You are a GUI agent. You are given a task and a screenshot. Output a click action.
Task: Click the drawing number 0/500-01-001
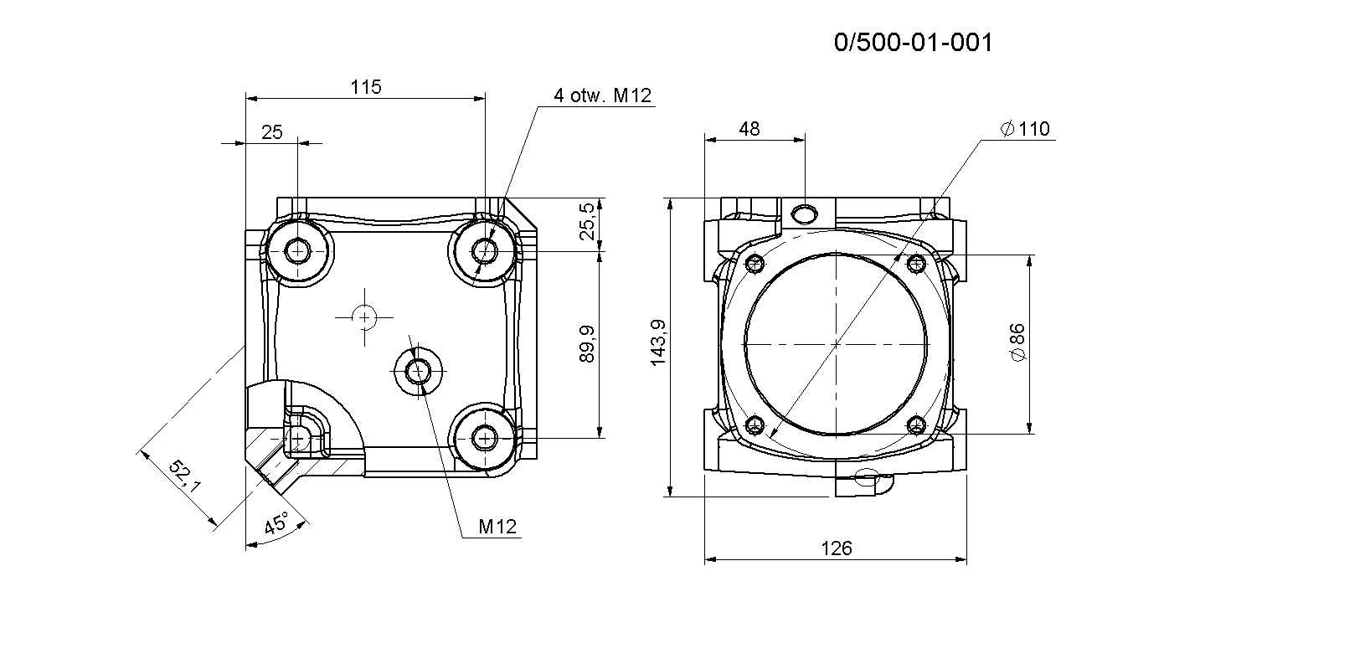pos(913,42)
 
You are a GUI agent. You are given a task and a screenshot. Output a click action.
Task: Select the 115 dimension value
pos(366,87)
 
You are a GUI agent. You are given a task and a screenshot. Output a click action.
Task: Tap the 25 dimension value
pos(272,132)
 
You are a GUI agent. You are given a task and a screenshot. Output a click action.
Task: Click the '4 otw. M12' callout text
pos(602,95)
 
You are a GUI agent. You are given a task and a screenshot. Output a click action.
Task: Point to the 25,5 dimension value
pos(586,221)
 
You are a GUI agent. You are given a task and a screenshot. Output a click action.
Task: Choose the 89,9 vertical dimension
pos(586,343)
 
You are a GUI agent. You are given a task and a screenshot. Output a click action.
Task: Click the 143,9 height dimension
pos(658,342)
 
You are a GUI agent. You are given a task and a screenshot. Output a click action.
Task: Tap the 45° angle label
pos(276,523)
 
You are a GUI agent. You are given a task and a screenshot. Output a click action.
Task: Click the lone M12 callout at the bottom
pos(497,527)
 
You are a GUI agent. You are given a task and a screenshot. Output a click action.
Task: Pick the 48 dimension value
pos(749,129)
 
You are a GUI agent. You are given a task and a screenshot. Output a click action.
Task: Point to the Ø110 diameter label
pos(1025,129)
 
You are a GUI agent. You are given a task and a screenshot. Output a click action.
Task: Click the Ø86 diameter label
pos(1017,342)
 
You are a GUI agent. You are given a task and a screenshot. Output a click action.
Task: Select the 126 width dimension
pos(836,548)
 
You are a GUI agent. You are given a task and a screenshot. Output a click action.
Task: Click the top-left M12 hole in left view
pos(298,250)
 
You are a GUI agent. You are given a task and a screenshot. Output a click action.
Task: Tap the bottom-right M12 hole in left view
pos(485,438)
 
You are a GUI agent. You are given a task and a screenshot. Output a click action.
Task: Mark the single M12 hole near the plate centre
pos(419,371)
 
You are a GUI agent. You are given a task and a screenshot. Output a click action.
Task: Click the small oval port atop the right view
pos(804,214)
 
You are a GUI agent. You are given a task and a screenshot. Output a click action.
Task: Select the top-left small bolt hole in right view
pos(755,264)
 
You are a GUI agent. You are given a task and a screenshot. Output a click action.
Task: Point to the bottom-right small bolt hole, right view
pos(916,425)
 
